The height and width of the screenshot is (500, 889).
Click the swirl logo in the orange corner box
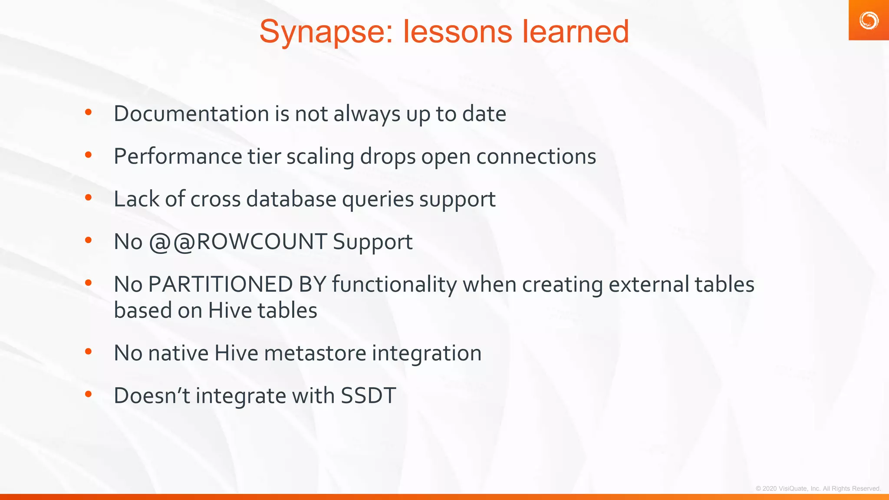[x=869, y=20]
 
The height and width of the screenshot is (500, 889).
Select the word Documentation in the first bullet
[x=191, y=114]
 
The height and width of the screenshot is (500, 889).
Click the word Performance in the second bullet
[x=178, y=156]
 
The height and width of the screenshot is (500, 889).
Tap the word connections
[x=536, y=156]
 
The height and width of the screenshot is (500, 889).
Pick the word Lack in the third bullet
[x=136, y=199]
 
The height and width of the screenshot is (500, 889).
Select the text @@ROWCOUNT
[x=237, y=242]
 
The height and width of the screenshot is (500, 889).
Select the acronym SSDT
[x=368, y=395]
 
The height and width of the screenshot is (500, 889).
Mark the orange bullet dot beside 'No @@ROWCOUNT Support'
[x=89, y=240]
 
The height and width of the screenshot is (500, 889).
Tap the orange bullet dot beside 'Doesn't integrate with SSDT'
[x=89, y=394]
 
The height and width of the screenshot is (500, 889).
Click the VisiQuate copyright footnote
[x=818, y=489]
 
